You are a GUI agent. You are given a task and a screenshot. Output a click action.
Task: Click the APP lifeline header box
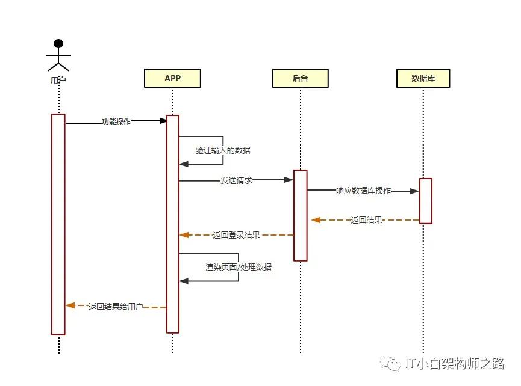172,78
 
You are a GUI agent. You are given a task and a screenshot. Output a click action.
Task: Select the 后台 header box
300,78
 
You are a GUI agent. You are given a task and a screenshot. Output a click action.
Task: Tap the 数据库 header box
423,78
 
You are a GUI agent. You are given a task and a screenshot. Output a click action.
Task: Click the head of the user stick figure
58,43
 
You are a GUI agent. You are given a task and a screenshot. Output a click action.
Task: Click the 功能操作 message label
116,121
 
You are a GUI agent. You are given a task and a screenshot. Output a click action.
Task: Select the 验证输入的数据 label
223,150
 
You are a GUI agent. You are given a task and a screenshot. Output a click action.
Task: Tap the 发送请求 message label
236,180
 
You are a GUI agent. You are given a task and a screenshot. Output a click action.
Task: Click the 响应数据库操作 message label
363,191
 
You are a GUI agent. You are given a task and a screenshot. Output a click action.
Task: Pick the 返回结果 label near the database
366,220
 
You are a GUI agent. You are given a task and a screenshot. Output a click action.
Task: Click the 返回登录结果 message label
236,235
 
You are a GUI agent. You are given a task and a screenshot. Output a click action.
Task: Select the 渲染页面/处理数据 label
239,266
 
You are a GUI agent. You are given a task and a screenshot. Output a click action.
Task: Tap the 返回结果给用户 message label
115,307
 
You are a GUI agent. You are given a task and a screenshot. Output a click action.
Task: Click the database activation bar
426,201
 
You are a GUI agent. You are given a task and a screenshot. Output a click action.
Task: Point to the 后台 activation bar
300,215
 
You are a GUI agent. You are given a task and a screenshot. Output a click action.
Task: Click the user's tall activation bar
58,224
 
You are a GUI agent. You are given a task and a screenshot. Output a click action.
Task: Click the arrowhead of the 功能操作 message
163,121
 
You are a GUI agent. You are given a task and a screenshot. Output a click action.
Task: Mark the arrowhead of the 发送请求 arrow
289,180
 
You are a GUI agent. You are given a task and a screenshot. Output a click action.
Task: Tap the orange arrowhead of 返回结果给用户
70,305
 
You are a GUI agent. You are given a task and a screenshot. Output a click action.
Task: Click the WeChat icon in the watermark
393,363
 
